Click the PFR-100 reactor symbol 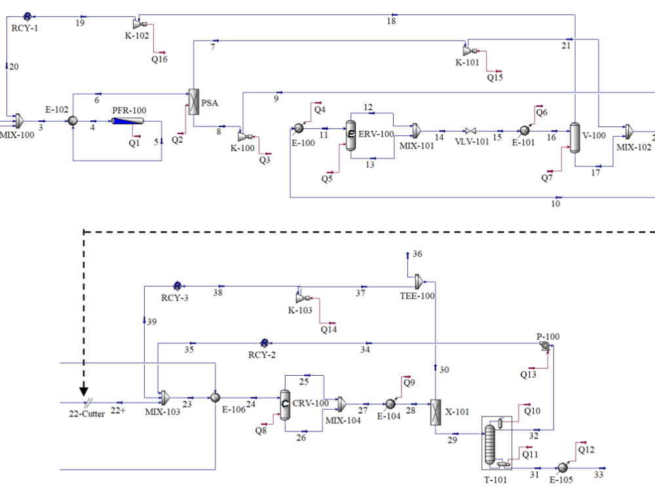point(128,122)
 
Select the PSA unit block point(193,102)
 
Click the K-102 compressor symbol point(139,24)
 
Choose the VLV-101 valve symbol point(470,131)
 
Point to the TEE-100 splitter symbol point(419,282)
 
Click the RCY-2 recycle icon point(265,343)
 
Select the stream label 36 point(417,254)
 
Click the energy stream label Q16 point(159,60)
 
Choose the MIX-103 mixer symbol point(164,397)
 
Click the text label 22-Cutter point(87,414)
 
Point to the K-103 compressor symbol point(301,296)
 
